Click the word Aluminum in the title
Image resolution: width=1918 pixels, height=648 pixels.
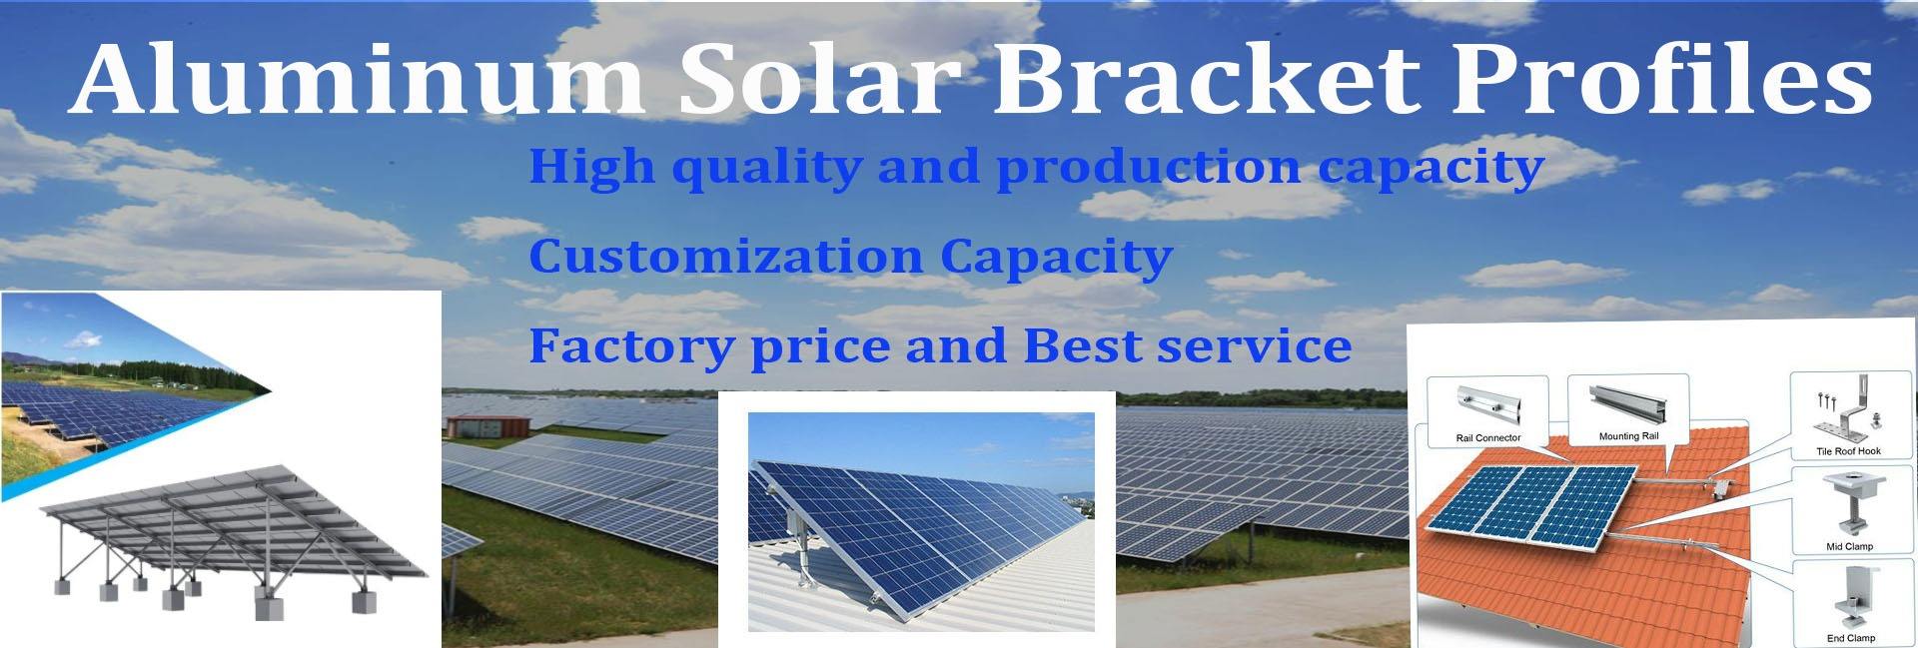[x=358, y=78]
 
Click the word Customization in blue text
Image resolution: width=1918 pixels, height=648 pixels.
[x=726, y=256]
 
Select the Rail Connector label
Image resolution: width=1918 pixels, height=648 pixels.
[x=1488, y=438]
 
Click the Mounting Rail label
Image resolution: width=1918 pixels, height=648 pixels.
[x=1628, y=436]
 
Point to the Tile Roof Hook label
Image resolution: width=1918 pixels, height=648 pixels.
[x=1848, y=451]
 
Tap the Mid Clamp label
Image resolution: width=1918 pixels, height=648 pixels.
[x=1849, y=546]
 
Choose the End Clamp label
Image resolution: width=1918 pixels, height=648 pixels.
[x=1850, y=638]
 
